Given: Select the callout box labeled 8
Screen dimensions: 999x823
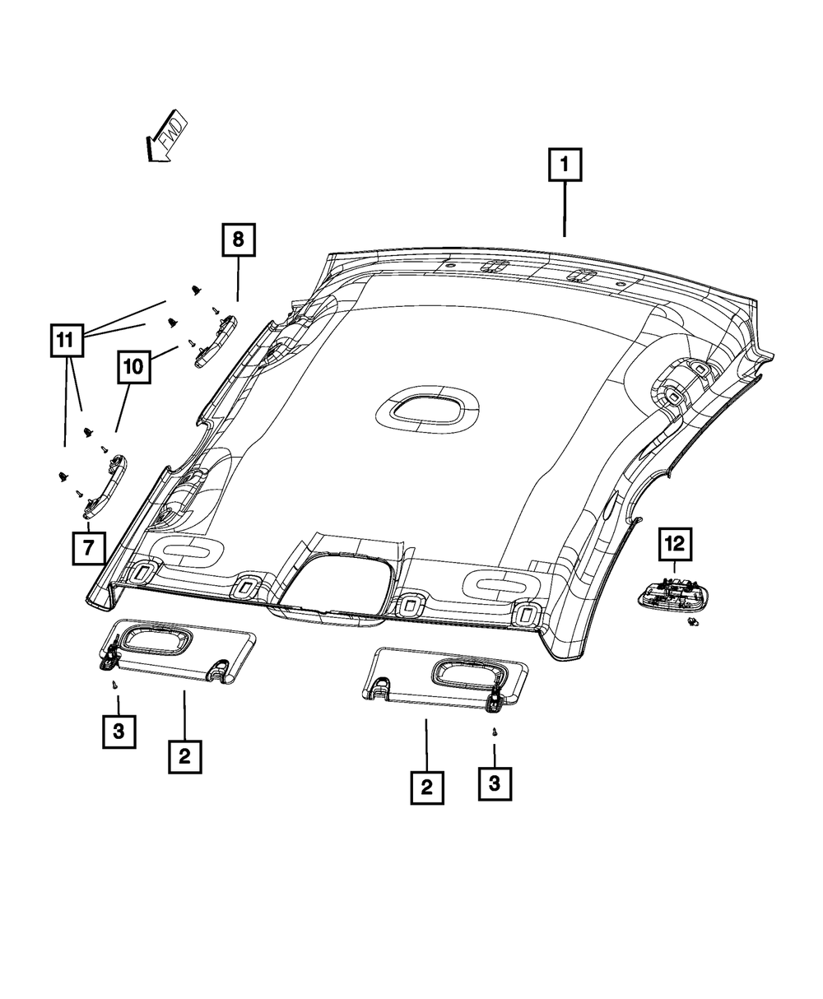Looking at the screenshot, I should coord(238,240).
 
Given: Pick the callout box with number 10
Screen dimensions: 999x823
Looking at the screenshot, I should coord(134,367).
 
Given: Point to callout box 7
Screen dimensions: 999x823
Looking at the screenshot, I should coord(88,547).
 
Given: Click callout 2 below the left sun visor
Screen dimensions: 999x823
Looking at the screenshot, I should coord(184,755).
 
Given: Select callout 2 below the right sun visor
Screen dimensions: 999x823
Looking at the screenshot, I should coord(426,787).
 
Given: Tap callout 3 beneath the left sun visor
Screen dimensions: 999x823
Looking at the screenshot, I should coord(119,732).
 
